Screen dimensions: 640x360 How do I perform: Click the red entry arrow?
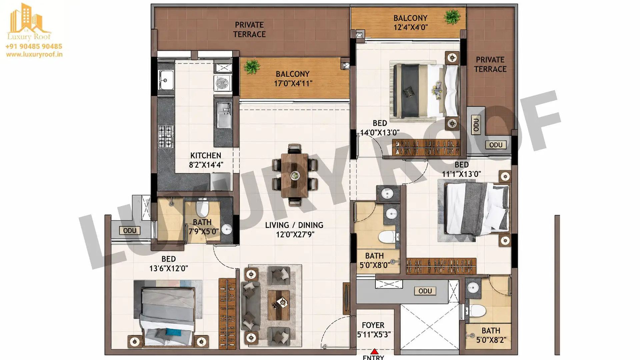[374, 351]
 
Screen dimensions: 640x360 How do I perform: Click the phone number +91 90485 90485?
[34, 46]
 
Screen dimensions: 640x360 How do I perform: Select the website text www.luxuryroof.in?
[34, 54]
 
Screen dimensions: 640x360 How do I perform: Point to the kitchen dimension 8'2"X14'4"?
[206, 165]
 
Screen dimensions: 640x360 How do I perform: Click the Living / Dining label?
[294, 225]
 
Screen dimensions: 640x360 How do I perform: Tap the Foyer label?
[373, 325]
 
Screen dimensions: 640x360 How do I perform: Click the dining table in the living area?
[295, 175]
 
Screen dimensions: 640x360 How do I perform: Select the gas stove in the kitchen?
[166, 136]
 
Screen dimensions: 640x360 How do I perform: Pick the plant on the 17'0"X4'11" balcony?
[252, 67]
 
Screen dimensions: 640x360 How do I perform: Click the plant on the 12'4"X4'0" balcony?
[452, 17]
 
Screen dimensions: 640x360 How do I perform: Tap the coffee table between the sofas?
[279, 305]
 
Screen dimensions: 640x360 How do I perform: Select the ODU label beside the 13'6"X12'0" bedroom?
[130, 231]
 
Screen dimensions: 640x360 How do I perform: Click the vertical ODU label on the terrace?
[476, 125]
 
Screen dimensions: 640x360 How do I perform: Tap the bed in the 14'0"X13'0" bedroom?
[426, 91]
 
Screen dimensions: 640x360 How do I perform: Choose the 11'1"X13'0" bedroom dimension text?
[461, 174]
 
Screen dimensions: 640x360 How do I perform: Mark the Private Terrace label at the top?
[249, 30]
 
